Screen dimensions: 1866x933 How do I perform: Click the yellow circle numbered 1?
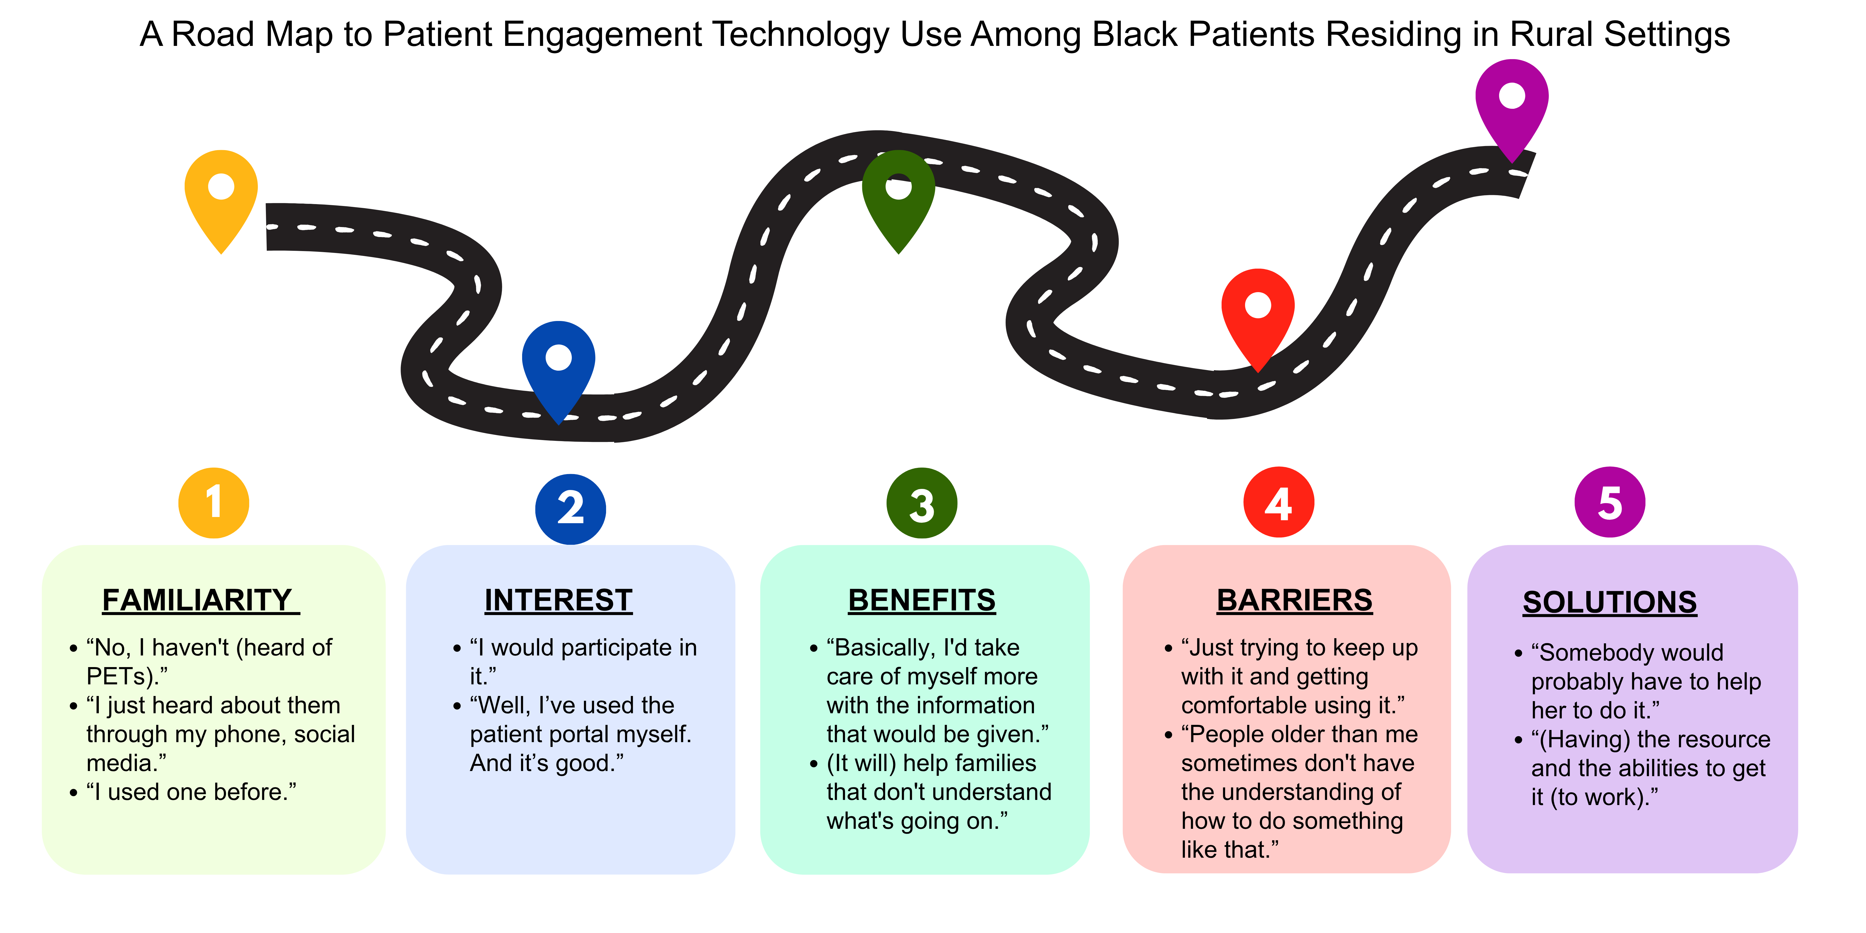(x=214, y=503)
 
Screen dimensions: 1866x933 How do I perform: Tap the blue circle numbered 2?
(x=571, y=509)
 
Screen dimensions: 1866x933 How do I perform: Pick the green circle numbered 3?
(x=921, y=503)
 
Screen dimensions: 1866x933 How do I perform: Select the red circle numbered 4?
(x=1279, y=502)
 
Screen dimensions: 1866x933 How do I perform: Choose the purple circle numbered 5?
(x=1610, y=502)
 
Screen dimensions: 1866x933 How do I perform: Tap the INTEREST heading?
(x=559, y=600)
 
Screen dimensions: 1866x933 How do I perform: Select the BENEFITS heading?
(x=922, y=600)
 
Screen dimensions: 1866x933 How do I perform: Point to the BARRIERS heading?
(x=1294, y=600)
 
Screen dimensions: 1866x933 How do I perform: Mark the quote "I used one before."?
(x=191, y=792)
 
